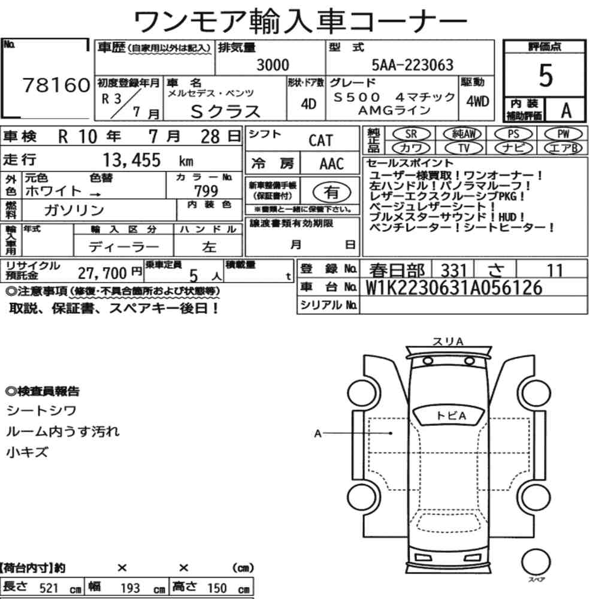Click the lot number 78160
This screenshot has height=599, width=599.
click(56, 85)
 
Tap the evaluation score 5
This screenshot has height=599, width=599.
click(546, 75)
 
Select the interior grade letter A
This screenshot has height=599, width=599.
click(566, 111)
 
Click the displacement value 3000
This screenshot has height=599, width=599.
click(273, 65)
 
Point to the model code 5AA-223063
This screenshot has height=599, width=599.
click(413, 65)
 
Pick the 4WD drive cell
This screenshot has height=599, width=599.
click(477, 101)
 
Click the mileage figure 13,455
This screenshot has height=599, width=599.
click(132, 160)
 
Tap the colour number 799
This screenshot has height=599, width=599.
click(206, 190)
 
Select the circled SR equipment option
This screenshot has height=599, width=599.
click(412, 134)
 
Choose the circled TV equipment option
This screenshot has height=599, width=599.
click(464, 148)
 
